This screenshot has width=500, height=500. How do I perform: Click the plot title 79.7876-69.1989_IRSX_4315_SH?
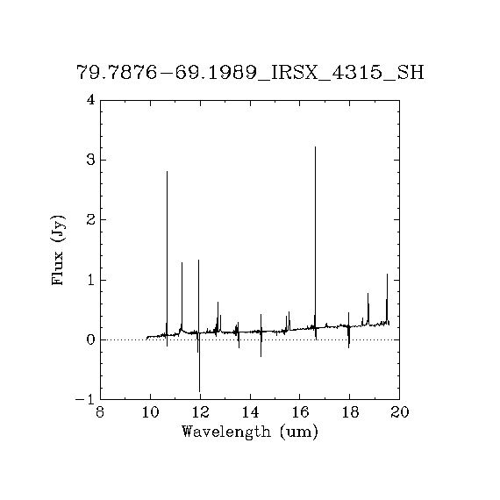click(250, 73)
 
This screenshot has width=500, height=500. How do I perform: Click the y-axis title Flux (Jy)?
click(58, 250)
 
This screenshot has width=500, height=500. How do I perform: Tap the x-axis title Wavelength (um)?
click(250, 432)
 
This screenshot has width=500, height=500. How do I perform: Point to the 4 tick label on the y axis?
click(91, 100)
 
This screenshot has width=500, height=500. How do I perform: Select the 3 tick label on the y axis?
click(91, 160)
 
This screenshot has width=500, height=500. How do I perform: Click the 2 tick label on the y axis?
click(91, 219)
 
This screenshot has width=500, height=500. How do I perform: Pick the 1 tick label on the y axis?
click(91, 280)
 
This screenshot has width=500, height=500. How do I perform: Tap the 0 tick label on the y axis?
click(91, 340)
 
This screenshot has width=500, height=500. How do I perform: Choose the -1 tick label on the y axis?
click(85, 399)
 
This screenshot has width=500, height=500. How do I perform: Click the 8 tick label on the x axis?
click(100, 412)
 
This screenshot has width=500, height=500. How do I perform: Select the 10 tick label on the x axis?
click(151, 412)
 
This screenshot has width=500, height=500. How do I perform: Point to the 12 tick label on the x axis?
click(200, 412)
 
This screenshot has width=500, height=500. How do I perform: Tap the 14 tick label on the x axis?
click(250, 412)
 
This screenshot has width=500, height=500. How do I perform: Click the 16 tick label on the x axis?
click(300, 412)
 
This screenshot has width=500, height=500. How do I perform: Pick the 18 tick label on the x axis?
click(350, 412)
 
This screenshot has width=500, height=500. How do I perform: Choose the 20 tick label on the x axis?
click(400, 412)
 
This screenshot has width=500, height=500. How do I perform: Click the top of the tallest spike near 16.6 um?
click(316, 147)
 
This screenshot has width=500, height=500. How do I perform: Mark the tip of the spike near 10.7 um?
click(167, 172)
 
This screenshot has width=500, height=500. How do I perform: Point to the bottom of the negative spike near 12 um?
click(200, 391)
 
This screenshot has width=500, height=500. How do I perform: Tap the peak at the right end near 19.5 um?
click(387, 274)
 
